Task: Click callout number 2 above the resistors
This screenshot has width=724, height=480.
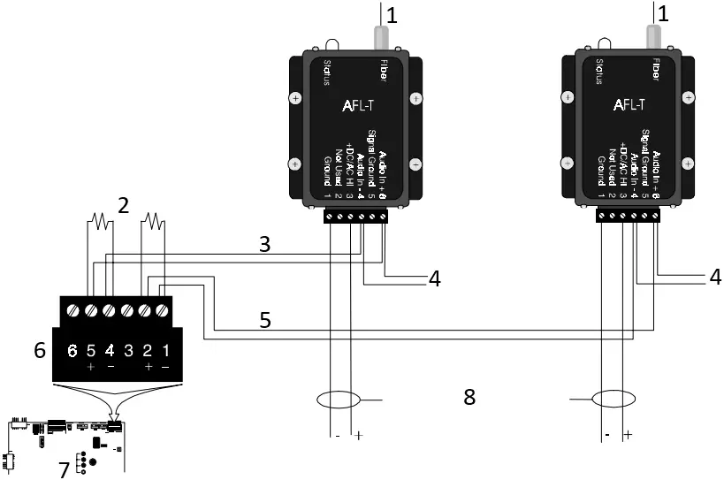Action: point(124,206)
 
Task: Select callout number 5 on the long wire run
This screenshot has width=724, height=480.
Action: point(264,320)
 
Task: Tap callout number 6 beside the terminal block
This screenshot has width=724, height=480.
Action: point(39,350)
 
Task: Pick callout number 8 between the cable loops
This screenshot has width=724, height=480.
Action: point(469,397)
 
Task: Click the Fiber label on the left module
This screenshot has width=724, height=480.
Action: point(382,69)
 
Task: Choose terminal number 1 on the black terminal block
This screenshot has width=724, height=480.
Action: point(164,350)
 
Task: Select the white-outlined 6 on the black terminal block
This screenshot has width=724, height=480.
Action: point(73,351)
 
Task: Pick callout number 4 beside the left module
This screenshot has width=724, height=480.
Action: point(434,278)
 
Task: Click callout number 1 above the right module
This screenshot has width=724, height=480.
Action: point(663,14)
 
